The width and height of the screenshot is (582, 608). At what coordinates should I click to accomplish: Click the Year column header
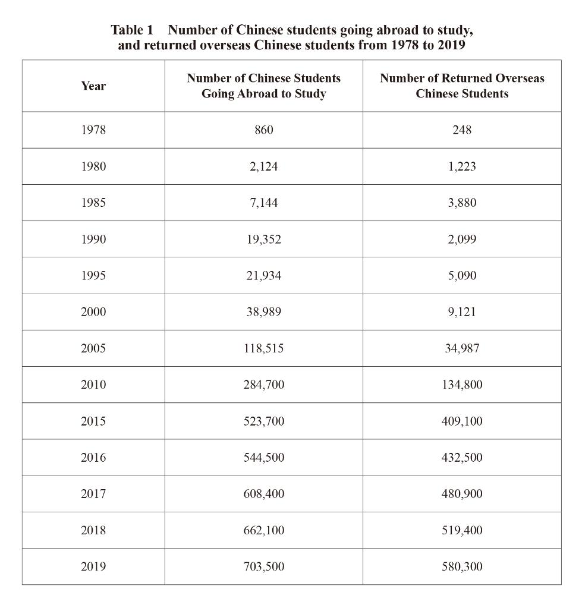point(93,86)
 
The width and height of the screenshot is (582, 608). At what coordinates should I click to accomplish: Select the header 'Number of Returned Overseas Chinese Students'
point(462,86)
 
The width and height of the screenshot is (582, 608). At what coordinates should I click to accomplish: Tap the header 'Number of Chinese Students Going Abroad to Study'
point(263,86)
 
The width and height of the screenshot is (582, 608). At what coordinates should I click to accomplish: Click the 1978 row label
point(93,130)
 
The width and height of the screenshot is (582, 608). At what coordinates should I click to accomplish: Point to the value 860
point(263,130)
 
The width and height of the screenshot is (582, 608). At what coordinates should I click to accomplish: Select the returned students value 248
point(462,130)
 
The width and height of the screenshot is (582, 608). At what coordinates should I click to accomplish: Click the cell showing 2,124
point(263,166)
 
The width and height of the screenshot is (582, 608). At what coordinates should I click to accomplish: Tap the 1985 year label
point(93,203)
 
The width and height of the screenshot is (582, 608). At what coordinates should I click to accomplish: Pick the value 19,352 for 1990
point(263,240)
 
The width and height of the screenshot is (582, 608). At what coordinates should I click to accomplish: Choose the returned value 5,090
point(462,276)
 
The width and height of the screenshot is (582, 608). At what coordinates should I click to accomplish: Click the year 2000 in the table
point(93,312)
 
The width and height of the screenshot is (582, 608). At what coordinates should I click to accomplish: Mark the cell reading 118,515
point(263,348)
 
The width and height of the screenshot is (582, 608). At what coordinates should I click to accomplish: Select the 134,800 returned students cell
point(462,385)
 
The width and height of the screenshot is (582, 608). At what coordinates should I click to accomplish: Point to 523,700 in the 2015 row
point(263,421)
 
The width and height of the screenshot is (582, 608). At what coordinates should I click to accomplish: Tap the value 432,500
point(462,458)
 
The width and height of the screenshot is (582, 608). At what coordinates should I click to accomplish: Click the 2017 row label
point(93,494)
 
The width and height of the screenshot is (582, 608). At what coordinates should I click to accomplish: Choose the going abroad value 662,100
point(263,530)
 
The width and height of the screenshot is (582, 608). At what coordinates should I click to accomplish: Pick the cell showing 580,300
point(462,566)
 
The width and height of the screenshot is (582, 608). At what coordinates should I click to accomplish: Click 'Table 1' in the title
point(132,30)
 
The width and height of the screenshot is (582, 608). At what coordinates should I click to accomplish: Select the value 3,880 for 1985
point(462,203)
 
